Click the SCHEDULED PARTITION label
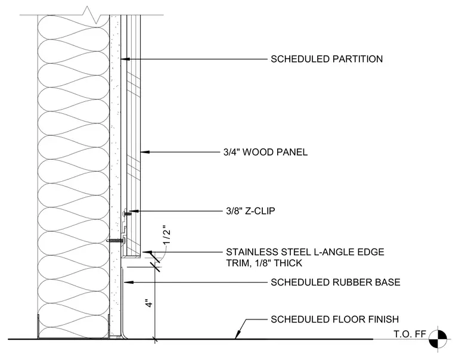click(x=327, y=59)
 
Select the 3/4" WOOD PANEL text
click(x=265, y=152)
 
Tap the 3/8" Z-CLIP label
click(x=250, y=211)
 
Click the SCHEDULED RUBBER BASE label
click(x=336, y=282)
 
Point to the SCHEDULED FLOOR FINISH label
click(x=334, y=319)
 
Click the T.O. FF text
click(x=409, y=334)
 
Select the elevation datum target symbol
click(x=438, y=339)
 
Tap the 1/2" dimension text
click(x=167, y=235)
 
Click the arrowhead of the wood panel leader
click(x=145, y=151)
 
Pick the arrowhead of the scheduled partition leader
click(x=125, y=59)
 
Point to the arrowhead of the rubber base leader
click(x=129, y=282)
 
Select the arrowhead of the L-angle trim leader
click(x=147, y=252)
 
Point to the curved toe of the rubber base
click(x=124, y=334)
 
